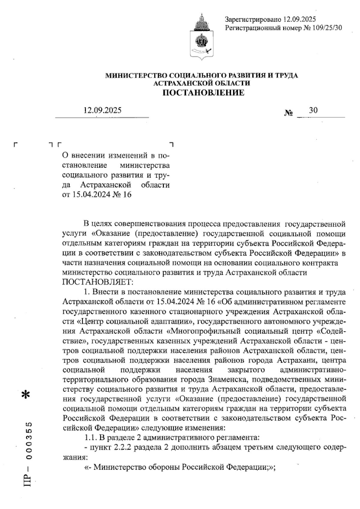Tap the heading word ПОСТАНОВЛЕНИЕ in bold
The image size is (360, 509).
203,93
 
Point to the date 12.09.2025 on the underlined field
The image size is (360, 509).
103,110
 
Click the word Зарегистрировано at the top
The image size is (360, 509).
253,20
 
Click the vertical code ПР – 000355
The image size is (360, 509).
29,453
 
